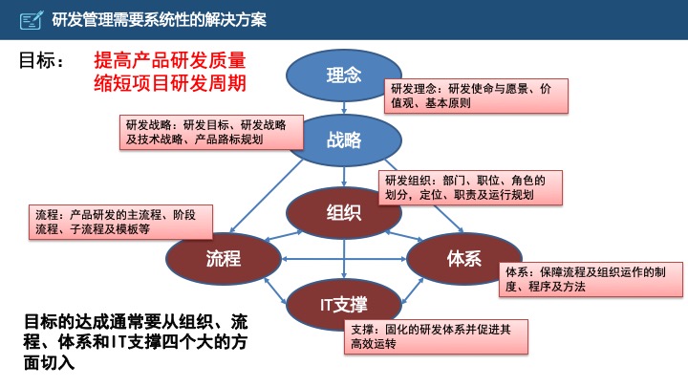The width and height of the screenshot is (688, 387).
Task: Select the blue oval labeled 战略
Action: (344, 140)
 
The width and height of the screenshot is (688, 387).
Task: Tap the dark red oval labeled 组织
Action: (343, 212)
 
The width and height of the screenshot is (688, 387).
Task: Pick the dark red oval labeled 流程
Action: (222, 258)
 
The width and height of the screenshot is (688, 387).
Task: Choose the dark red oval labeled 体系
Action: (463, 258)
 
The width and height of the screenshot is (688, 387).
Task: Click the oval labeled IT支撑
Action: (343, 304)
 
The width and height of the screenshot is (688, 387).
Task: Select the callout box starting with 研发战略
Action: (208, 132)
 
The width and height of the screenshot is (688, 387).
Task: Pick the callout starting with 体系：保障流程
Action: (592, 279)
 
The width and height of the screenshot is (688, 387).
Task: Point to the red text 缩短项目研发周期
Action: (169, 83)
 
